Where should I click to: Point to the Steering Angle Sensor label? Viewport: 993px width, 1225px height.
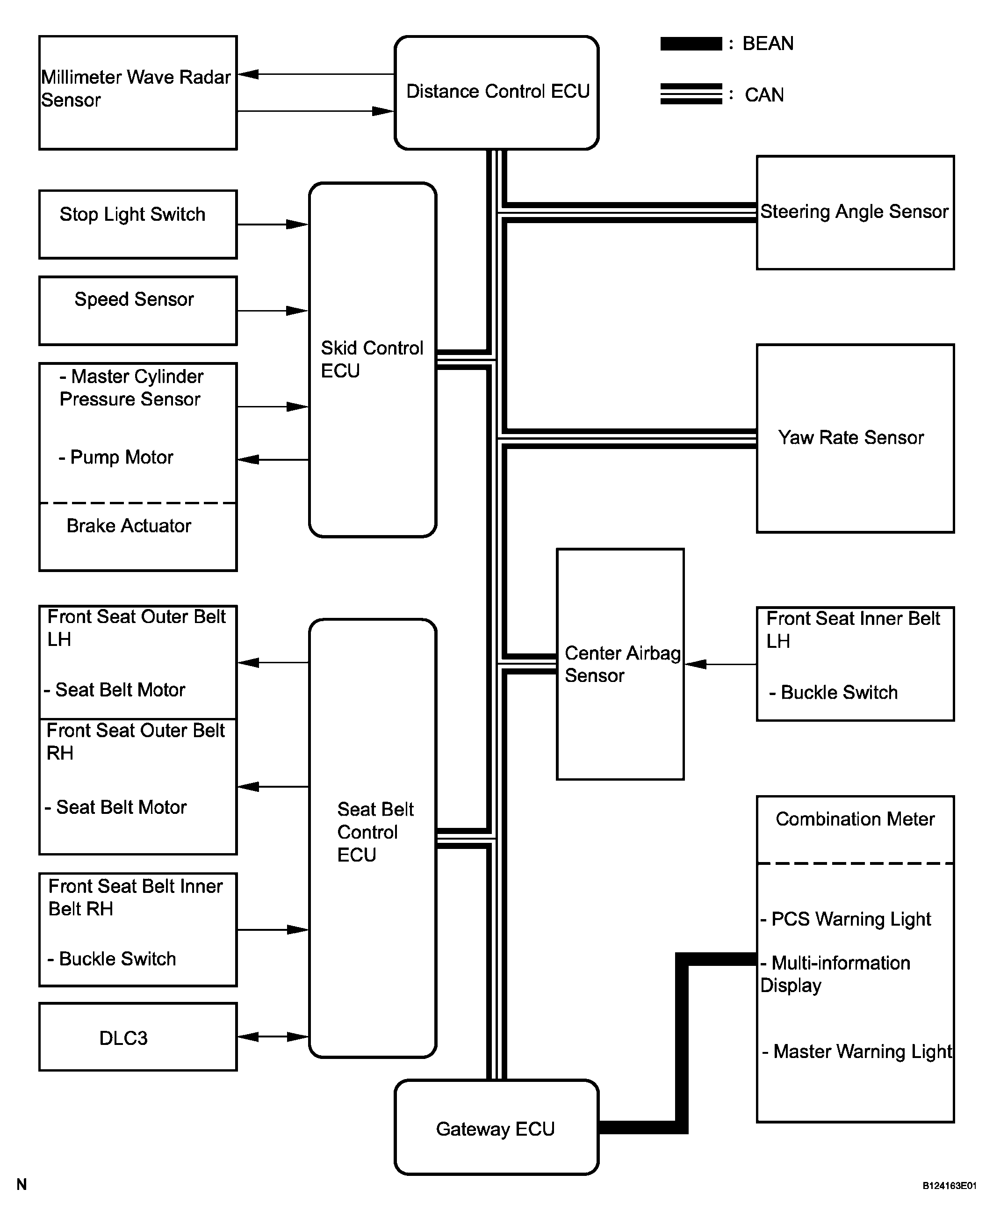pos(854,212)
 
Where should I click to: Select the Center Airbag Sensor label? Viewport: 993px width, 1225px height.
pos(622,664)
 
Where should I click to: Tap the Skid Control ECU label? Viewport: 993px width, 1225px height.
pos(372,359)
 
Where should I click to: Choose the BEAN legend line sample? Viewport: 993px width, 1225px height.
pos(691,43)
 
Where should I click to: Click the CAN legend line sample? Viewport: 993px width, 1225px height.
pos(691,94)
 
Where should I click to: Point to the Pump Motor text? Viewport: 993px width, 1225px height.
pos(115,457)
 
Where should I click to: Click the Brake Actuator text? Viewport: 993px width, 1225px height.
pos(129,526)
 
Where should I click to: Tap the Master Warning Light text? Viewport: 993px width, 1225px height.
pos(857,1051)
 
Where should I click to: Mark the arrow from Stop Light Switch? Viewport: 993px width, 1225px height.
pos(273,225)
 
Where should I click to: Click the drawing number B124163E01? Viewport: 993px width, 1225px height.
pos(949,1186)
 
